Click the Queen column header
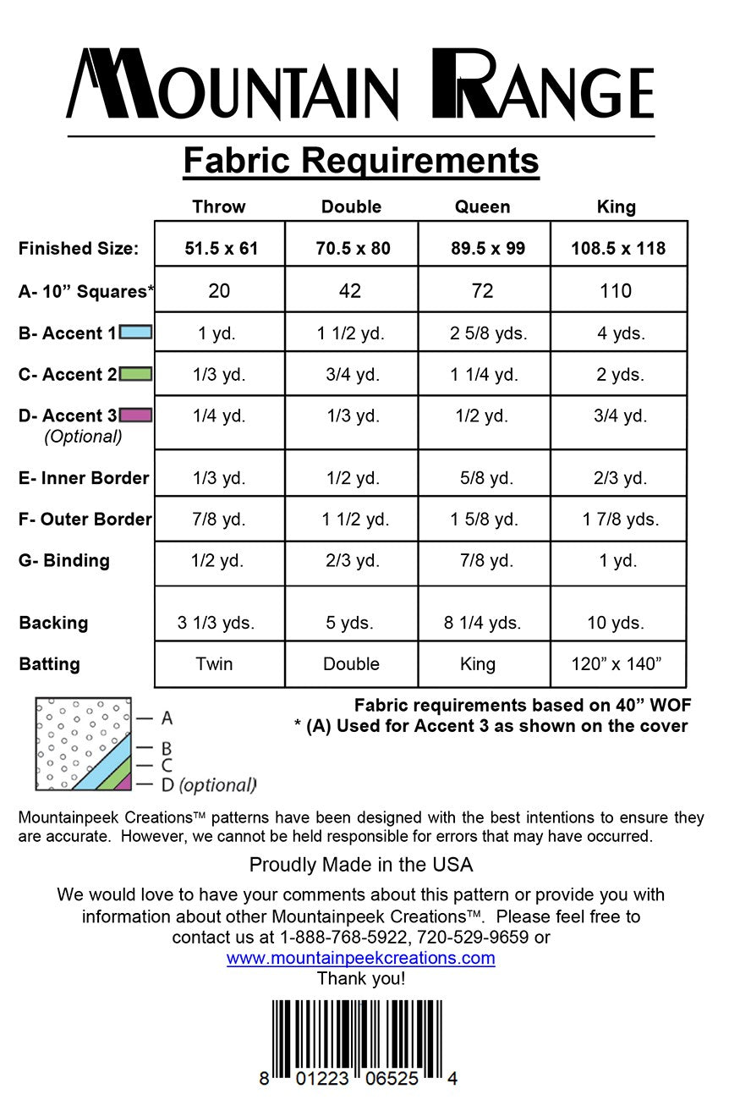[482, 206]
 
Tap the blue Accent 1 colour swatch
[136, 333]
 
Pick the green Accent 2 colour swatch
[136, 374]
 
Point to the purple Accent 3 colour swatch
[136, 415]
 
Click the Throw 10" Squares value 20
[219, 291]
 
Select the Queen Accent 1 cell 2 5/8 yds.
[488, 333]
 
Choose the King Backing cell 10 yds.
[616, 624]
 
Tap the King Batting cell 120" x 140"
[616, 664]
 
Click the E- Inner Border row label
[84, 478]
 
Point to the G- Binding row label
[64, 560]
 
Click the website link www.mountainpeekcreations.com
[360, 959]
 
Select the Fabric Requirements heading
[361, 161]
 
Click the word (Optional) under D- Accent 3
[83, 437]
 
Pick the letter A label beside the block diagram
[167, 718]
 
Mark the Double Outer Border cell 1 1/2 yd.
[355, 520]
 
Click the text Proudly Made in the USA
[361, 865]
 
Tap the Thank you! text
[361, 979]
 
